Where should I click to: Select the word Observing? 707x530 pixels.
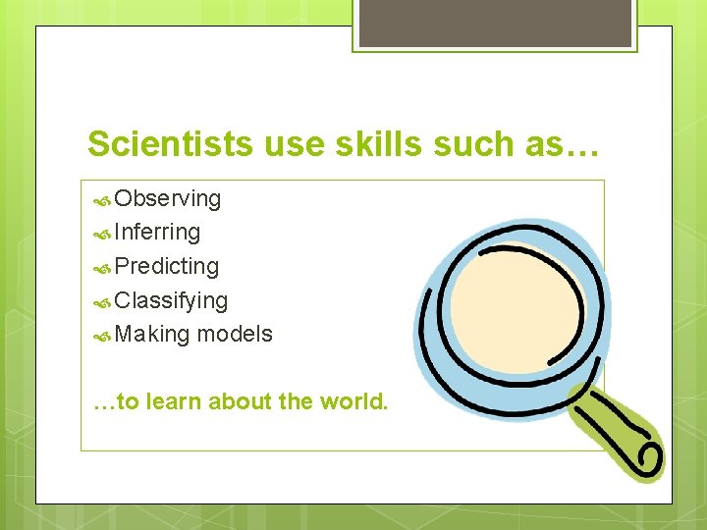[x=167, y=199]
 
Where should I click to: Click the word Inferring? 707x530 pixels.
[x=157, y=233]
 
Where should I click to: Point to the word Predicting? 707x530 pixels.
[x=166, y=266]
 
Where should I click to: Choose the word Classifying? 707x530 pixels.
[x=171, y=300]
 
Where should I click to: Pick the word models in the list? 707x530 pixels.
[x=235, y=334]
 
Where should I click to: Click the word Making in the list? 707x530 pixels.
[x=152, y=334]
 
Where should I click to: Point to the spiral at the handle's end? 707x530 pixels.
[x=649, y=455]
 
